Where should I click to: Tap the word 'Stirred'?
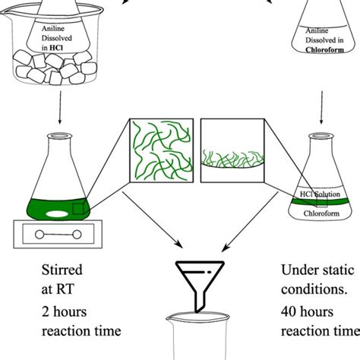[62, 271]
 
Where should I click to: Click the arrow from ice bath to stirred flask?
[58, 114]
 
